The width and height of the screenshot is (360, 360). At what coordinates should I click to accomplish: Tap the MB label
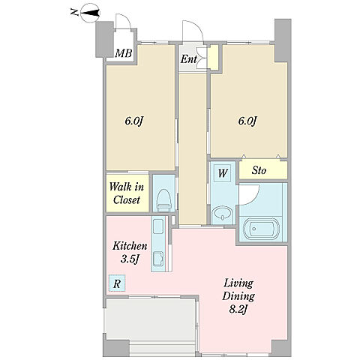123,53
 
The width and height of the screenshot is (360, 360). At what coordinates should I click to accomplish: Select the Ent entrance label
189,59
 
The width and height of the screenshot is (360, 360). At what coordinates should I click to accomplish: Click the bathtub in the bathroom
260,229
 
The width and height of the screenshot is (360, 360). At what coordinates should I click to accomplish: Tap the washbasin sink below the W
222,215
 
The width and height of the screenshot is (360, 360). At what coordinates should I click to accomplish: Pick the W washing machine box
223,173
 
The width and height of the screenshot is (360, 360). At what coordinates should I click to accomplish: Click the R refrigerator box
116,283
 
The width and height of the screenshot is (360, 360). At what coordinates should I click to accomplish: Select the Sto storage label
259,171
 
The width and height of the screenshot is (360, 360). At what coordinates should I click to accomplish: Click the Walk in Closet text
127,193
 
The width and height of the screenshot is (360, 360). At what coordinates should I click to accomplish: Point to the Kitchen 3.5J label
130,253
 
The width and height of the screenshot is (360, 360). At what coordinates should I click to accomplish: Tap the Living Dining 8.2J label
238,297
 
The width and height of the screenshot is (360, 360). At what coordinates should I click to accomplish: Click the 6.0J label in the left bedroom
133,121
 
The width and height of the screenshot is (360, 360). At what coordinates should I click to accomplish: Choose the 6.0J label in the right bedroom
247,121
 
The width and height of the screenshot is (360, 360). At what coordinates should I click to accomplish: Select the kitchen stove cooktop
157,226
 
